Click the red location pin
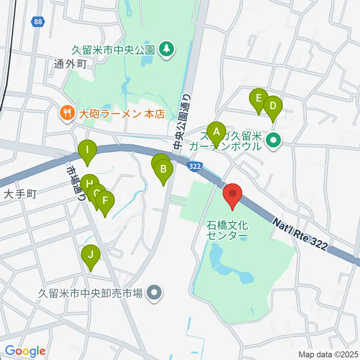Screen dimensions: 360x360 pos(232,194)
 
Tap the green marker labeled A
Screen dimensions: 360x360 pos(216,132)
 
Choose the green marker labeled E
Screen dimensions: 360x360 pos(258,99)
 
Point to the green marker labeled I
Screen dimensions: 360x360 pos(87,150)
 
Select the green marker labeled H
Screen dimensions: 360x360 pos(89,184)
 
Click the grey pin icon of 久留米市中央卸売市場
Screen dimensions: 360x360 pos(154,292)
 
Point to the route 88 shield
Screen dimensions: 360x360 pos(37,22)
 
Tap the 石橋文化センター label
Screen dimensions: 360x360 pos(227,230)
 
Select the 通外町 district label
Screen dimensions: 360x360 pos(70,64)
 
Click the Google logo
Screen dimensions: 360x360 pos(25,351)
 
